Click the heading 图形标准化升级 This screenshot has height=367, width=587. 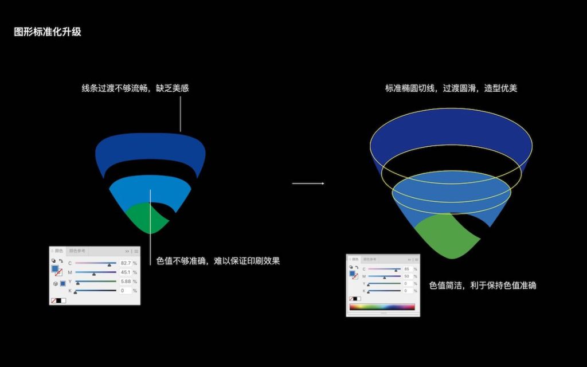48,32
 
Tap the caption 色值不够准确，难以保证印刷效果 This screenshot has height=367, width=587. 218,261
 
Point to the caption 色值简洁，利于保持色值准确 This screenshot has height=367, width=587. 483,285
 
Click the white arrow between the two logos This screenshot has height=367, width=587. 308,183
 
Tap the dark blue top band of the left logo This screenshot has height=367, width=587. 150,151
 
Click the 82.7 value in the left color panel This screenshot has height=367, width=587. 126,263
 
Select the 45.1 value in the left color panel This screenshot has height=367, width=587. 126,272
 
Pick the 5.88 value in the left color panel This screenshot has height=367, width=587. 126,282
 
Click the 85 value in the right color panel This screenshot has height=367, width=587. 406,269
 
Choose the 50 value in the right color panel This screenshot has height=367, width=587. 406,276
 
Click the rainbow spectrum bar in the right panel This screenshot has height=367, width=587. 382,307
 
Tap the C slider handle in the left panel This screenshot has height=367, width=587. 109,265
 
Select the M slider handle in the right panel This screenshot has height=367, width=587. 385,278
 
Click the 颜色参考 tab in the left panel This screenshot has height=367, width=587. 77,251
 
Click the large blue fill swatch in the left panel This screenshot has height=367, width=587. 55,268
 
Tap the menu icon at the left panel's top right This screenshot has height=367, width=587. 136,251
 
